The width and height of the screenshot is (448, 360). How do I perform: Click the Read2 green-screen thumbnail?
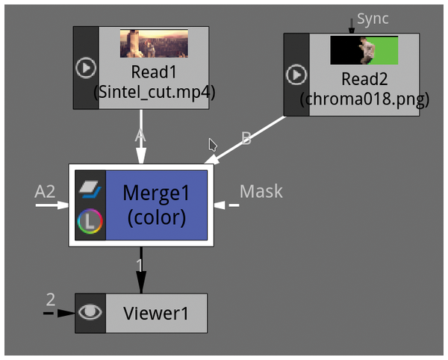(x=364, y=50)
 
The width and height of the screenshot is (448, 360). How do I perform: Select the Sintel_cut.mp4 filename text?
(x=153, y=93)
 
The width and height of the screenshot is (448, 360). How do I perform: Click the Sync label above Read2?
(x=373, y=19)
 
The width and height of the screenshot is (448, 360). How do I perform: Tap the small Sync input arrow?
(x=352, y=25)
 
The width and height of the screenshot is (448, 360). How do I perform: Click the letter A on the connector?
(x=139, y=136)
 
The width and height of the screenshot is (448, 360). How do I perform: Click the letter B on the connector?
(x=246, y=137)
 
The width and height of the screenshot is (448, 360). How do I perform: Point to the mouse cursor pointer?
(x=213, y=144)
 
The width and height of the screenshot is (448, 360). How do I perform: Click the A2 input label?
(x=45, y=192)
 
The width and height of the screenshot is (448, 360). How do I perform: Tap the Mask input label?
(x=261, y=191)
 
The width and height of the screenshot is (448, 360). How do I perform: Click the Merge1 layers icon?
(x=90, y=187)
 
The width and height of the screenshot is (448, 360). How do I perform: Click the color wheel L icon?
(x=90, y=221)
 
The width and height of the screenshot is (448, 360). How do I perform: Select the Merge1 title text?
(x=156, y=192)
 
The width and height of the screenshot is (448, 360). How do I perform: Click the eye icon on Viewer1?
(x=90, y=313)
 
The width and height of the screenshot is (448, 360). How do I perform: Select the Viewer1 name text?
(x=155, y=314)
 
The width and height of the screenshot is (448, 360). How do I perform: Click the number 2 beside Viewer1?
(x=50, y=300)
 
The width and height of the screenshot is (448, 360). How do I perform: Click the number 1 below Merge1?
(x=139, y=265)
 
